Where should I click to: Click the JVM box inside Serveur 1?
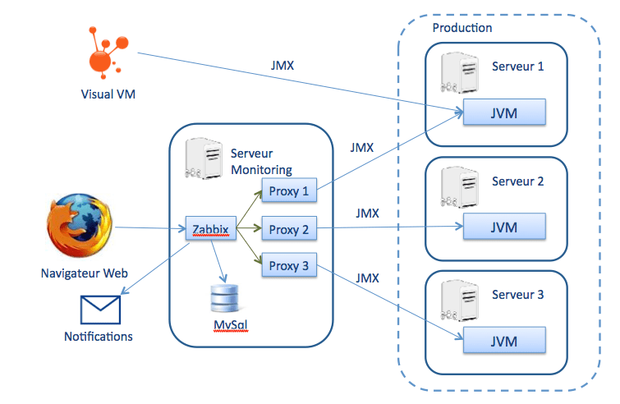click(504, 113)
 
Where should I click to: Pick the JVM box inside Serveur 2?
click(504, 227)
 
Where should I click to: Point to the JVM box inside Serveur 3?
click(504, 341)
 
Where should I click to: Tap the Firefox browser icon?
click(80, 227)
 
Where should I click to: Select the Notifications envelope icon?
click(99, 310)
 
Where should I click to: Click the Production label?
click(462, 28)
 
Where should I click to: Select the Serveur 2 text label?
click(517, 181)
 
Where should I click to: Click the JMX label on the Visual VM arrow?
click(282, 65)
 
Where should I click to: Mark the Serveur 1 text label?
click(517, 67)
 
